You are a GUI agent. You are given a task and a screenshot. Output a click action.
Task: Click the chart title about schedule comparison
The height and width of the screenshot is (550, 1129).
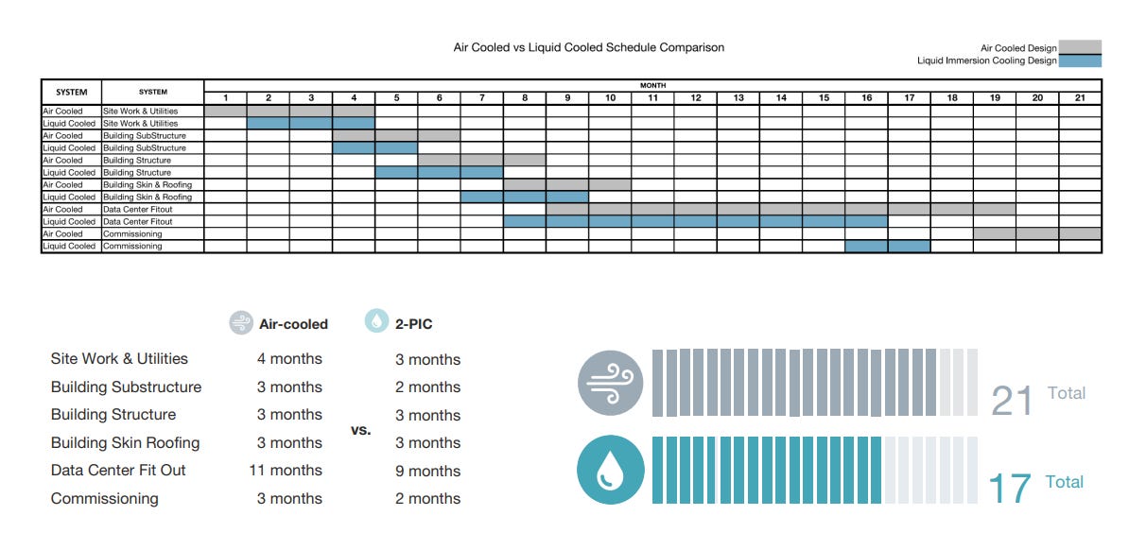pos(588,47)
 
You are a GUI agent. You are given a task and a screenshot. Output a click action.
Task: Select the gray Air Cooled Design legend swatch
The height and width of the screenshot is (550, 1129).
pos(1079,47)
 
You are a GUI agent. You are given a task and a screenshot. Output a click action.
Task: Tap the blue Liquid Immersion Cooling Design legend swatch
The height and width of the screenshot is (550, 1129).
pos(1079,60)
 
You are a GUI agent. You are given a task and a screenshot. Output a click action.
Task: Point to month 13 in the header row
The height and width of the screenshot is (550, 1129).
pos(738,98)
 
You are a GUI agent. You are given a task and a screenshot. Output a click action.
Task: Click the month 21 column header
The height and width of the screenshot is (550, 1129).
pos(1080,98)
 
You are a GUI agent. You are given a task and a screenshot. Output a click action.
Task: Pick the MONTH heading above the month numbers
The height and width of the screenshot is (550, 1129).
pos(652,86)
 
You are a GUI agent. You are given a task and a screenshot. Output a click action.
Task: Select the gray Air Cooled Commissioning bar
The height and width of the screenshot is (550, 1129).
pos(1037,233)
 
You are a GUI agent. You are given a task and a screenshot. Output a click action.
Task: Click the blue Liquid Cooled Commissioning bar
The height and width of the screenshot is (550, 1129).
pos(888,246)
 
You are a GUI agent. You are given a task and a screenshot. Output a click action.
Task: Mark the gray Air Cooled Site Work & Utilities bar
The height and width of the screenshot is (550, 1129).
pos(289,111)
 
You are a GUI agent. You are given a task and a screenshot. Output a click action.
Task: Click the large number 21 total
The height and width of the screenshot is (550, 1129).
pos(1012,401)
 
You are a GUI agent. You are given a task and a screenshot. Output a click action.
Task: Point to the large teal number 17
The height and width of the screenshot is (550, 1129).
pos(1010,488)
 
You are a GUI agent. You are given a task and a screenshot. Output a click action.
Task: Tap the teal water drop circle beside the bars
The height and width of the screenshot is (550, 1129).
pos(611,470)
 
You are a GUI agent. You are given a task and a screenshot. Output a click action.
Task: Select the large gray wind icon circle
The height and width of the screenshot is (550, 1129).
pos(611,383)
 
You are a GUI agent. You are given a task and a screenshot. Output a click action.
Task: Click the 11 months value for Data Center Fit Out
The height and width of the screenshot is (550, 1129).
pos(286,470)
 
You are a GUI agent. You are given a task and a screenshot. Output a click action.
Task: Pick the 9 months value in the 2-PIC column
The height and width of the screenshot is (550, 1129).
pos(427,471)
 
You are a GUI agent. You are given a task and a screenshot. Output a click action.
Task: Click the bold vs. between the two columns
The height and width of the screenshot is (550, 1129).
pos(361,431)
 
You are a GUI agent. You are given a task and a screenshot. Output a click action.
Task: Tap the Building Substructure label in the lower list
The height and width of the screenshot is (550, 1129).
pos(126,387)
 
